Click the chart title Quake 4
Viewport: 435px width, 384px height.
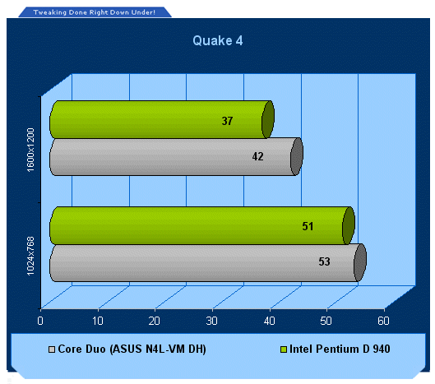click(218, 41)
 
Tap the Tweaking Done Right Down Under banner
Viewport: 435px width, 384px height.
click(95, 12)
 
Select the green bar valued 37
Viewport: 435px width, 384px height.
click(162, 119)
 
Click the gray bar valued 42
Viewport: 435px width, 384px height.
click(177, 157)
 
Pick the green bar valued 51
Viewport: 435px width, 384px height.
click(202, 225)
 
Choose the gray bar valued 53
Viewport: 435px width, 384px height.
click(208, 262)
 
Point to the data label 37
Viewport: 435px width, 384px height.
click(227, 121)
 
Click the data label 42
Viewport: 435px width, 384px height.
click(257, 156)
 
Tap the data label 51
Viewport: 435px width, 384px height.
click(308, 226)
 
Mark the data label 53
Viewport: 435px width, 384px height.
click(324, 261)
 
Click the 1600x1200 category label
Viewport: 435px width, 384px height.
click(30, 150)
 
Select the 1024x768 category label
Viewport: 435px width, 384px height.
click(30, 256)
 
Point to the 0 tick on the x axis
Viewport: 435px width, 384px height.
click(40, 321)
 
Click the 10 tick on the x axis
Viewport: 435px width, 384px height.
click(98, 321)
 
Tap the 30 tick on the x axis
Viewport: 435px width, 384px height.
click(211, 321)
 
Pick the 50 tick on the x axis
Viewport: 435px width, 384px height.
click(326, 321)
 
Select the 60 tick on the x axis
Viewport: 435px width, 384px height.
click(383, 321)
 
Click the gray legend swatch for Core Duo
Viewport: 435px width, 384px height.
click(52, 349)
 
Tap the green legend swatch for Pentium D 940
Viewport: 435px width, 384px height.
click(283, 349)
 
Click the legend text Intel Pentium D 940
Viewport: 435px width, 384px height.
click(340, 349)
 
